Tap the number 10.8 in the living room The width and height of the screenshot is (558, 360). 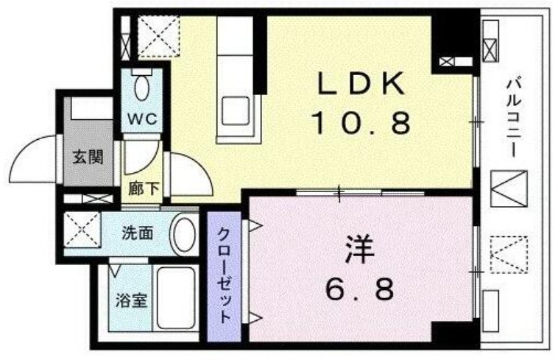point(361,123)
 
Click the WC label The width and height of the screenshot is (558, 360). point(141,120)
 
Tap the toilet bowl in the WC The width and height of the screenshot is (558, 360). point(142,89)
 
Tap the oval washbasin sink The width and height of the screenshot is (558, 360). point(184,235)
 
